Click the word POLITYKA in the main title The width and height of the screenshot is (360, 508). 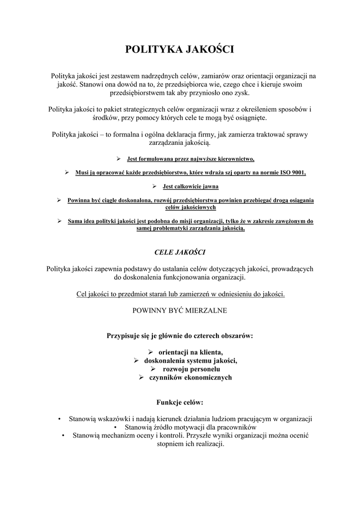pos(152,49)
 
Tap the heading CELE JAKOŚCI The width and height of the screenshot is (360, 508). pos(180,253)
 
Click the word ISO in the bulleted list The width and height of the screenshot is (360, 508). pos(282,173)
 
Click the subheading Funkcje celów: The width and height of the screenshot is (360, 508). pos(180,402)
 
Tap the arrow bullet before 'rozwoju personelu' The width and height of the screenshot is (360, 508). pos(153,369)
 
